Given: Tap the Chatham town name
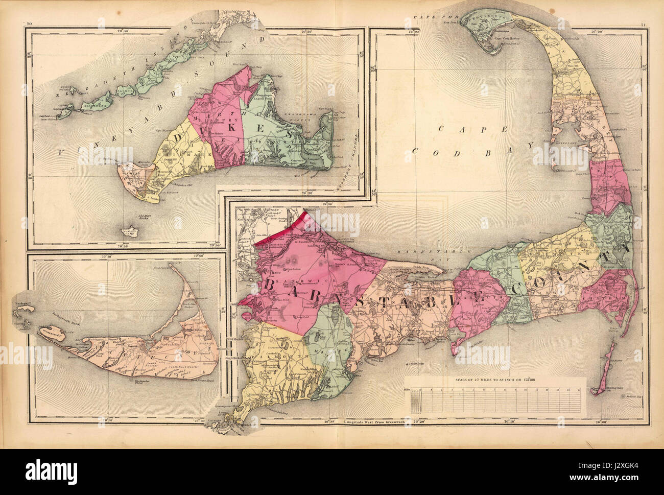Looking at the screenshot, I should pyautogui.click(x=608, y=297).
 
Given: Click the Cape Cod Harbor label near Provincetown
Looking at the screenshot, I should pyautogui.click(x=501, y=45).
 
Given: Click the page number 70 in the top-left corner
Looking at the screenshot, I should pyautogui.click(x=29, y=23).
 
